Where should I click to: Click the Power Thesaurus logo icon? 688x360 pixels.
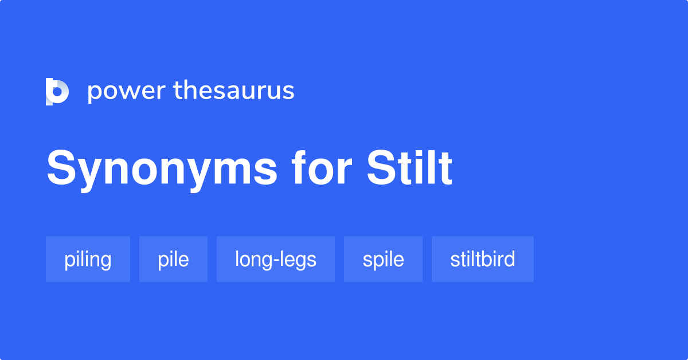pyautogui.click(x=57, y=91)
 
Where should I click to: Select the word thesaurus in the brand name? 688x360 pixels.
pyautogui.click(x=234, y=91)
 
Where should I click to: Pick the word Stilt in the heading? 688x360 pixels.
pyautogui.click(x=409, y=168)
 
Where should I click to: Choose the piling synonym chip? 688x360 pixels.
pyautogui.click(x=88, y=259)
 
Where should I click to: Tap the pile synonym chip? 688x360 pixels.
pyautogui.click(x=173, y=259)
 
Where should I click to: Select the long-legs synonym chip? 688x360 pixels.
pyautogui.click(x=275, y=259)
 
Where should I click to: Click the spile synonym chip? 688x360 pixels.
pyautogui.click(x=383, y=259)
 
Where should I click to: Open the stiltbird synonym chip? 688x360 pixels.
pyautogui.click(x=482, y=259)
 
